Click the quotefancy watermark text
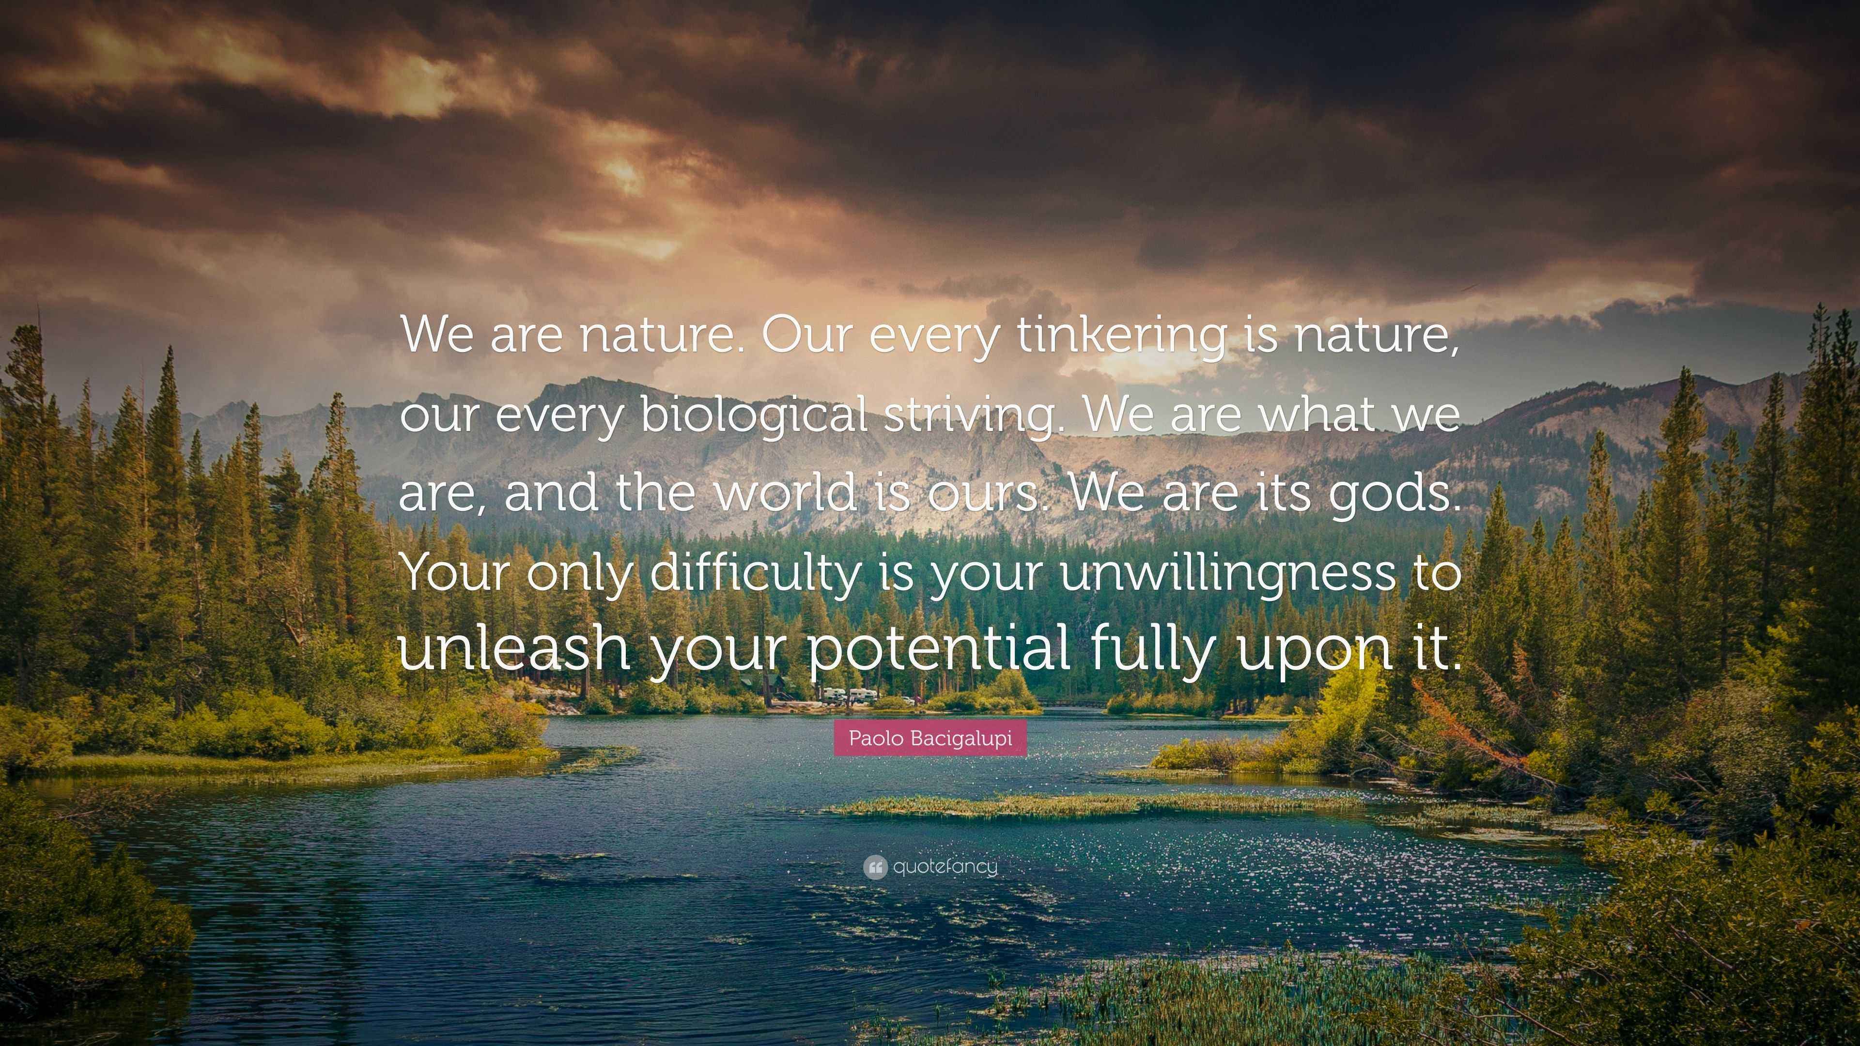tap(945, 867)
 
